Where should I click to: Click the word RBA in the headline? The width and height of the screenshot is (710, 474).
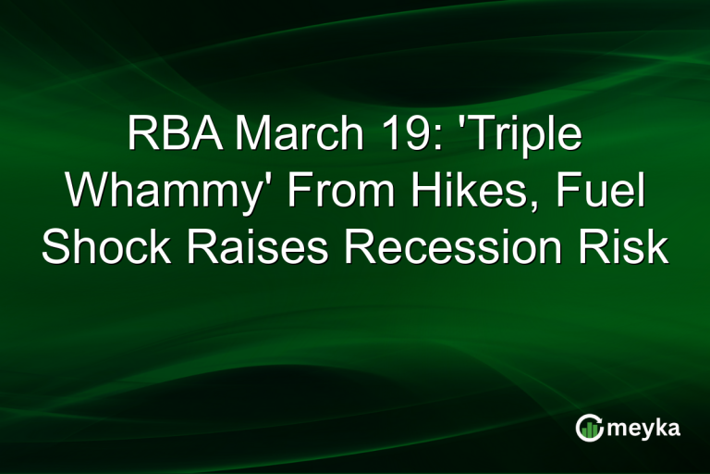point(169,137)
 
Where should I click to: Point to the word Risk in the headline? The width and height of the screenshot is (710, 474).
point(624,248)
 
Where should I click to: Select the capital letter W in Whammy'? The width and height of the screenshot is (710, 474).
point(90,193)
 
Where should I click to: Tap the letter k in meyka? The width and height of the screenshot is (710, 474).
point(663,427)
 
